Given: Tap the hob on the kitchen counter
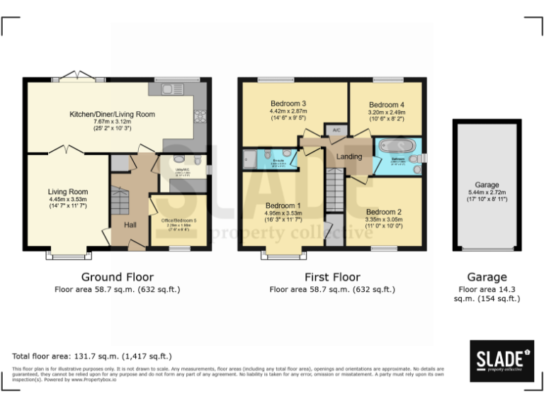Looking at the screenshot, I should click(x=200, y=115).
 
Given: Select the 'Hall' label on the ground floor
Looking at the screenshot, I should click(x=130, y=225).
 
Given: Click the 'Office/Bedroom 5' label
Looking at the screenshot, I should click(x=178, y=220).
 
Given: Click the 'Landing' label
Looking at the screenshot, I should click(x=349, y=157).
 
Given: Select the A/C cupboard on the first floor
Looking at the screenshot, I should click(x=332, y=130).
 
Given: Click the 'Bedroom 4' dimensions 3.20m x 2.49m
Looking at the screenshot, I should click(x=386, y=112).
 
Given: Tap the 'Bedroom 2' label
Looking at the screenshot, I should click(x=384, y=212).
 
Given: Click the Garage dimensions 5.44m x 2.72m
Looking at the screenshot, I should click(x=487, y=193).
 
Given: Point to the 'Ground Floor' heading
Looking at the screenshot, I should click(x=117, y=277).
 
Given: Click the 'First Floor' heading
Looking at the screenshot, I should click(x=332, y=277).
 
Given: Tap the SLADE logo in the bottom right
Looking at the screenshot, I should click(x=501, y=360).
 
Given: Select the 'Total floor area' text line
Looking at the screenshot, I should click(x=92, y=356).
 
